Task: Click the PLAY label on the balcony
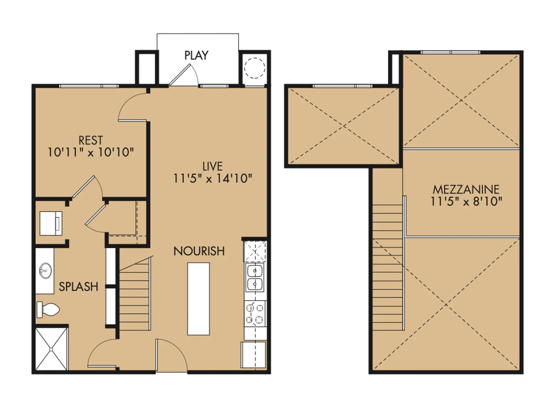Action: (196, 55)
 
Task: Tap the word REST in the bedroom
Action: (91, 140)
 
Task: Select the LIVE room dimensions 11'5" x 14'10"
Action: (212, 179)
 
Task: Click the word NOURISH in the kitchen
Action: (199, 251)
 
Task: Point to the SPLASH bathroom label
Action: (78, 287)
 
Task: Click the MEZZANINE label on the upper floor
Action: (466, 189)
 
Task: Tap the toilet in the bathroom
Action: (48, 309)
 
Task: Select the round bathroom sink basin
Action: (45, 271)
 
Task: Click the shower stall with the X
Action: (52, 349)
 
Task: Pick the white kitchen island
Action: (199, 299)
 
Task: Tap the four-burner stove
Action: (255, 314)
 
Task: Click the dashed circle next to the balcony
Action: (254, 68)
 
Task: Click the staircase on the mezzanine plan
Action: (387, 267)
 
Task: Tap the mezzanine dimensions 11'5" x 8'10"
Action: (466, 202)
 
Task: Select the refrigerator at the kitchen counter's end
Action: (253, 355)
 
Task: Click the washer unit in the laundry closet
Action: (51, 223)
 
